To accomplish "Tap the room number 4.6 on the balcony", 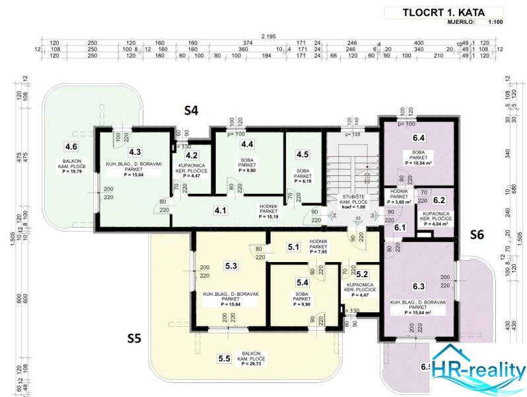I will click(71, 147).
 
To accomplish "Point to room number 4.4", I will click(248, 144).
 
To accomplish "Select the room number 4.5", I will click(302, 154).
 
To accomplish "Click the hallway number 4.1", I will click(220, 212).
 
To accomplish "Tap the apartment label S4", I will click(191, 110).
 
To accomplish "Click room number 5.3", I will click(231, 266).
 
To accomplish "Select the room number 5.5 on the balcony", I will click(225, 359).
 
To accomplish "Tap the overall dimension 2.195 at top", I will click(269, 36).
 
